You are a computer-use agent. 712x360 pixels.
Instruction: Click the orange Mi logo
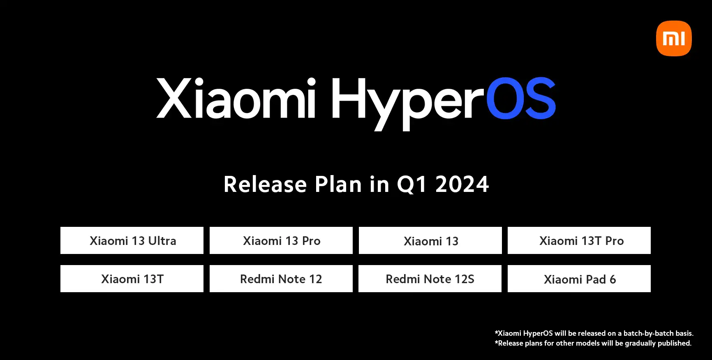point(674,38)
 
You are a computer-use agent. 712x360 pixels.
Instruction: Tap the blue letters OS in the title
point(521,98)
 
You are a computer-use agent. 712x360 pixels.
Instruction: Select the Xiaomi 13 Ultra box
point(132,240)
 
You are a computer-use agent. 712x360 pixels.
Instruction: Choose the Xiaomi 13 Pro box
point(281,240)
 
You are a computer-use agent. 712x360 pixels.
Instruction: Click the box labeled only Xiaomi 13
point(430,240)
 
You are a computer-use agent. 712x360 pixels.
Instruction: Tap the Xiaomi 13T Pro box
point(579,240)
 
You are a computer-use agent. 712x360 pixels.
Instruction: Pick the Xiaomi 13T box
point(132,279)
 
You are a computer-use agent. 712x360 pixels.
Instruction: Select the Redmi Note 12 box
point(281,279)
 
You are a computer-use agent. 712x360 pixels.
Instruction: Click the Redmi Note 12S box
point(430,279)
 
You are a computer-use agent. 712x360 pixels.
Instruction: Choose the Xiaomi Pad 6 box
point(579,279)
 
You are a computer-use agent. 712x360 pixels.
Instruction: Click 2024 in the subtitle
point(462,184)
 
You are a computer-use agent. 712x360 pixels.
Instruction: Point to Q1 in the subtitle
point(412,185)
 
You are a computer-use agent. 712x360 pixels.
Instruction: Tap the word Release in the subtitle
point(265,184)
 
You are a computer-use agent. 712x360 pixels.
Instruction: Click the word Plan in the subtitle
point(338,184)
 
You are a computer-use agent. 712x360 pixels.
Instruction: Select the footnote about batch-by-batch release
point(594,333)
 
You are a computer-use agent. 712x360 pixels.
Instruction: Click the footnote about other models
point(593,343)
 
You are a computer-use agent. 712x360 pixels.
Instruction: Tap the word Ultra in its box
point(162,240)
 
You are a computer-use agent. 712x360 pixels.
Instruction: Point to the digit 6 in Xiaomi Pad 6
point(613,279)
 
